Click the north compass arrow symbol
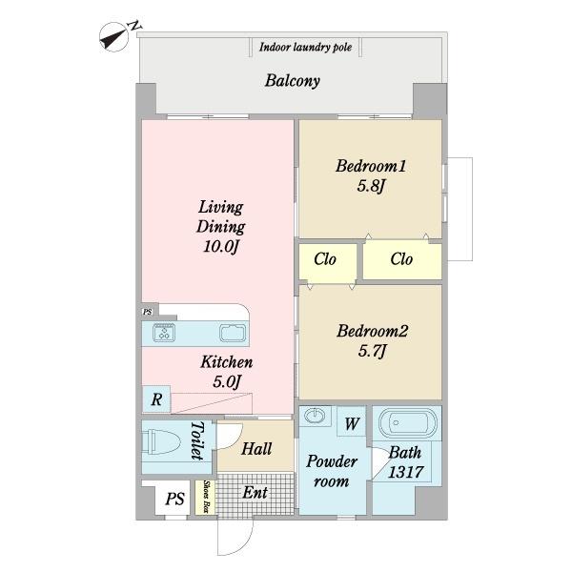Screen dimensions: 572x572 [113, 37]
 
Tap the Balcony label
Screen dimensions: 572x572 [293, 81]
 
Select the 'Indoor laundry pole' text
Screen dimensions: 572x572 [306, 48]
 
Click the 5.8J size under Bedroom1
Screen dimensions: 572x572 [371, 187]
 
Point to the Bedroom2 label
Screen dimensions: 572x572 [372, 331]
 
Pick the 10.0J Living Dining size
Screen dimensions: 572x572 [221, 247]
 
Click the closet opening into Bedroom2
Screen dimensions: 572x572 [328, 262]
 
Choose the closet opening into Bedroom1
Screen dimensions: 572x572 [402, 260]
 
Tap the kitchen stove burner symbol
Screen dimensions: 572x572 [164, 333]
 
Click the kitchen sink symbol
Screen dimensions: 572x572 [233, 333]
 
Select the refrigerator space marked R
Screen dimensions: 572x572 [156, 399]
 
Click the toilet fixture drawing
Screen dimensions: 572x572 [161, 441]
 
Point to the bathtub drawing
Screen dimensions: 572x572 [407, 422]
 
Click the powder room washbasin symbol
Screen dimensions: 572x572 [315, 415]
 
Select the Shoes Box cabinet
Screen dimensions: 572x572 [205, 498]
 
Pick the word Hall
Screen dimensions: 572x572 [256, 449]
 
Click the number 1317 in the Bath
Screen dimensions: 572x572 [405, 473]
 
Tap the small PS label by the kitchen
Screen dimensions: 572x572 [148, 313]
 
